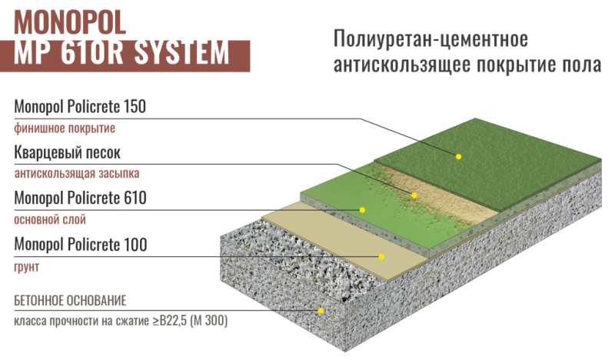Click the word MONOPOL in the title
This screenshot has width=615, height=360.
coord(70,22)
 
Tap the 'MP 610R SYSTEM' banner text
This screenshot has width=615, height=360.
coord(121,53)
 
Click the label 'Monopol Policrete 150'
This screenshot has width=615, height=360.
coord(80,106)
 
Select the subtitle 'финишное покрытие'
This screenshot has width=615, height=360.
coord(65,128)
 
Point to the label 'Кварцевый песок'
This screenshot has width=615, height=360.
coord(67,153)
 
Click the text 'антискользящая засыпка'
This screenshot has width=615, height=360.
coord(77,174)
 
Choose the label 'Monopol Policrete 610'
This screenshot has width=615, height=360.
coord(81,198)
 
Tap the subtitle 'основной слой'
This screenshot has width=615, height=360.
coord(50,219)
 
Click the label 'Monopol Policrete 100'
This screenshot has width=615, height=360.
coord(81,244)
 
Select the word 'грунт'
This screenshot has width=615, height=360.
coord(27,267)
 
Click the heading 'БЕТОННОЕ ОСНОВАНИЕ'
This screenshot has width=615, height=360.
coord(70,301)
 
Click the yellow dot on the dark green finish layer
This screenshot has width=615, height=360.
coord(458,157)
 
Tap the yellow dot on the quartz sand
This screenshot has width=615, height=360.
coord(414,195)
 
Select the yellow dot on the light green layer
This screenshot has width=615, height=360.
coord(362,210)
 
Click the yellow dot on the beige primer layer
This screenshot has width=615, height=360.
coord(381,257)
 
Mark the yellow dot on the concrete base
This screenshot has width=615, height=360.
coord(321,311)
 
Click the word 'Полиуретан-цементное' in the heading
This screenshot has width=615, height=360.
coord(430,39)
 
